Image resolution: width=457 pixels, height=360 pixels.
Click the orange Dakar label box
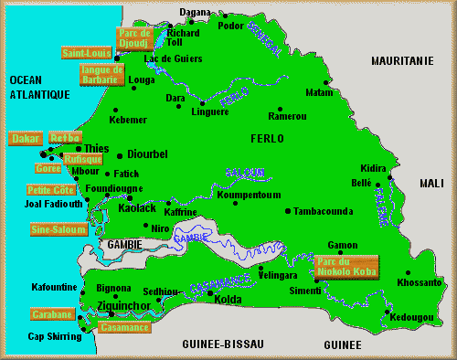pyautogui.click(x=25, y=139)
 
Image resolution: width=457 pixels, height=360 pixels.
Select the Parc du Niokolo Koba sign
pyautogui.click(x=345, y=265)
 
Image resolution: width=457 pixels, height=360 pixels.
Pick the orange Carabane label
pyautogui.click(x=51, y=314)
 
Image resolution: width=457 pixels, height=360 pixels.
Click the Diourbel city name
pyautogui.click(x=147, y=154)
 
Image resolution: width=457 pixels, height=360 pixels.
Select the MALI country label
pyautogui.click(x=430, y=184)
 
